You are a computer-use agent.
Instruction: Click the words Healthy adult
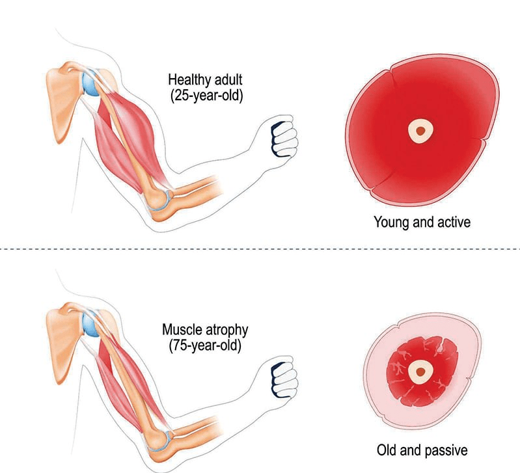point(205,80)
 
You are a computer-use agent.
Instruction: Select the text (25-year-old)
point(206,96)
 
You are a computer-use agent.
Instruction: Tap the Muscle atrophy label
point(205,330)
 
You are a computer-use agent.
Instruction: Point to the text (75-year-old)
point(205,345)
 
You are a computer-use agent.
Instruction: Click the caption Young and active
point(422,222)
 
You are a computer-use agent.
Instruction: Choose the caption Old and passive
point(422,450)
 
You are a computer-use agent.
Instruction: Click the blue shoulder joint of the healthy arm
point(90,83)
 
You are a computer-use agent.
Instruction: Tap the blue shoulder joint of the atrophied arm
point(90,323)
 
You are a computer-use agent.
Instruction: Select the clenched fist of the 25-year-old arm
point(284,136)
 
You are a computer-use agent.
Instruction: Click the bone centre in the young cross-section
point(421,131)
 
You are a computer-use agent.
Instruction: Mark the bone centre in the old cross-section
point(421,372)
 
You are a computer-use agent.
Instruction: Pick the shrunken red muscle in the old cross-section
point(422,372)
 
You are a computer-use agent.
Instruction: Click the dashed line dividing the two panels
point(260,249)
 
